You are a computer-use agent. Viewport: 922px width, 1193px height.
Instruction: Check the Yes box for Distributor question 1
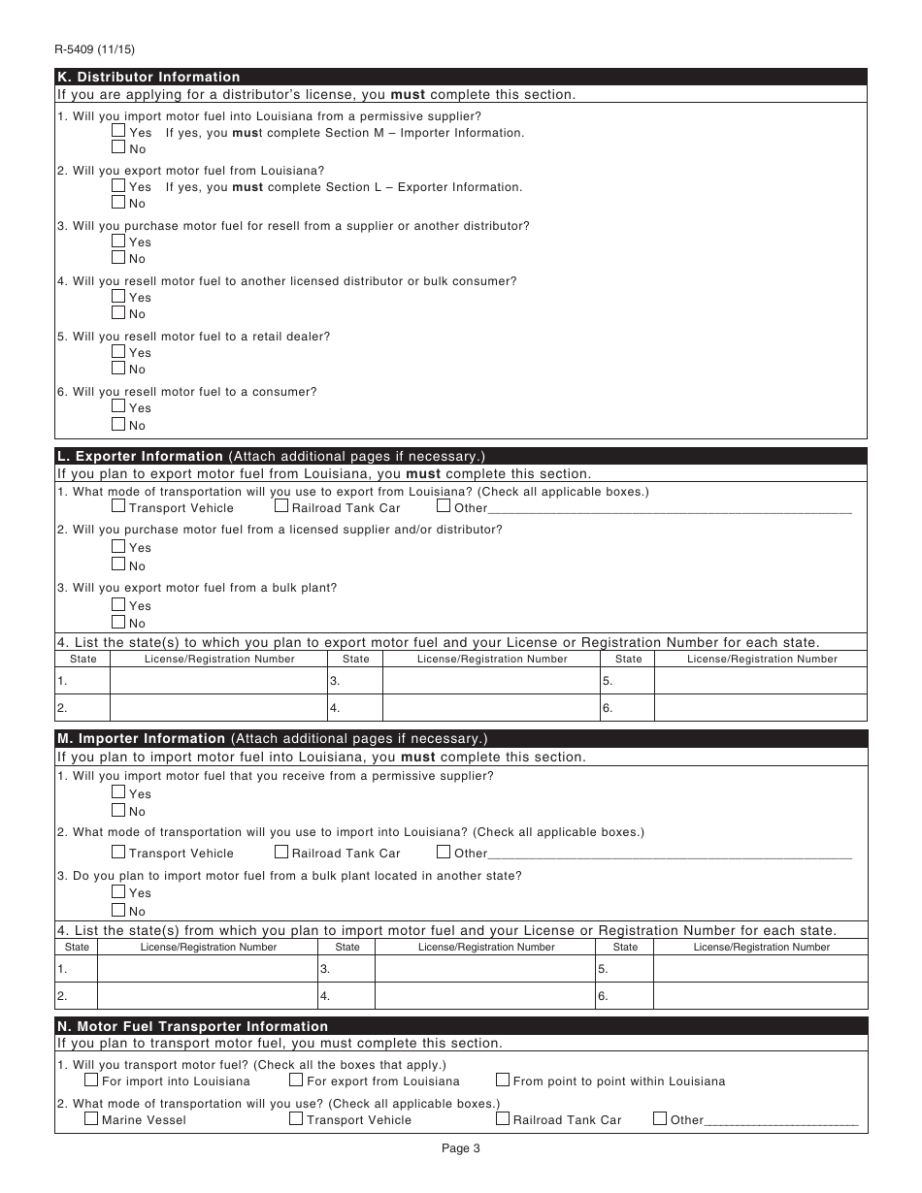[x=118, y=131]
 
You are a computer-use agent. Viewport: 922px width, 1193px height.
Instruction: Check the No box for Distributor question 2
[x=118, y=203]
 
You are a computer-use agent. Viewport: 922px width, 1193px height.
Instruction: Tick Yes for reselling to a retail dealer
[x=118, y=351]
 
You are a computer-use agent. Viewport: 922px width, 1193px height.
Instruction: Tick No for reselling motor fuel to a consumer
[x=118, y=424]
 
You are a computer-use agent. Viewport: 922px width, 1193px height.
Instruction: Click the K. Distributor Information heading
[x=148, y=77]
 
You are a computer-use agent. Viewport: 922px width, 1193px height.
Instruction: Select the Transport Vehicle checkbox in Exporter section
[x=118, y=505]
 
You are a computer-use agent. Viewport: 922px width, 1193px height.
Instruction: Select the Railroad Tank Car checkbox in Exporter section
[x=281, y=505]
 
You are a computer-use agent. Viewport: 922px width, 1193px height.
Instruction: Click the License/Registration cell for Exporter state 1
[x=218, y=681]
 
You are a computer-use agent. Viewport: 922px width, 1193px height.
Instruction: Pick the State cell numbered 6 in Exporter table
[x=628, y=708]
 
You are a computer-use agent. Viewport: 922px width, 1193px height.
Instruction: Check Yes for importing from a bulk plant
[x=118, y=891]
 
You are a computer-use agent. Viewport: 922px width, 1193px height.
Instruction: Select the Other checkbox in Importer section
[x=444, y=852]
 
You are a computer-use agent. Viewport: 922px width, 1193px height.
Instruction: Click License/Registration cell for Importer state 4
[x=485, y=996]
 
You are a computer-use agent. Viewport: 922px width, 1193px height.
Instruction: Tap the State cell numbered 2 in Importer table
[x=76, y=996]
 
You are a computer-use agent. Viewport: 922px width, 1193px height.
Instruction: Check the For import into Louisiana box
[x=91, y=1080]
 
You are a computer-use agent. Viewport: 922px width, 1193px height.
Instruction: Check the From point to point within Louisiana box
[x=503, y=1080]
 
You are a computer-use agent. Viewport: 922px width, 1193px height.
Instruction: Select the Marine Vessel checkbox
[x=91, y=1118]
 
